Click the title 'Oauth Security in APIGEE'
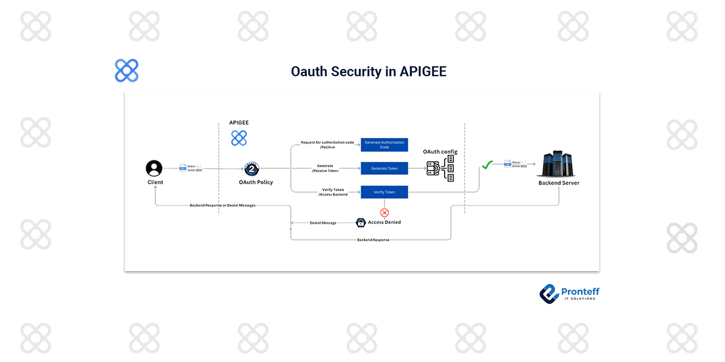pos(369,72)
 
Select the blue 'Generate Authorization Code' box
pos(384,145)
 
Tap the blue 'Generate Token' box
pos(384,168)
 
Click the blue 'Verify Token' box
pos(384,192)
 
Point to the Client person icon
pos(154,168)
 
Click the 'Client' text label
pos(155,182)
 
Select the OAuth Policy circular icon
pos(251,170)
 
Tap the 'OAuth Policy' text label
pos(256,182)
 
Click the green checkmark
pos(487,164)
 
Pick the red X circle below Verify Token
pos(384,212)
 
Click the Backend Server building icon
pos(558,164)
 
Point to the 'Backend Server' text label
pos(559,183)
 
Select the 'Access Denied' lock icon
pos(360,223)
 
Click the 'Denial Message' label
pos(323,223)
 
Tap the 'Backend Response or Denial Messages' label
pos(222,205)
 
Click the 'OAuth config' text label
pos(440,152)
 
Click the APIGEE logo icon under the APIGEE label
pos(239,138)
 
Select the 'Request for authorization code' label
pos(327,143)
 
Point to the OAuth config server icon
pos(440,169)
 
